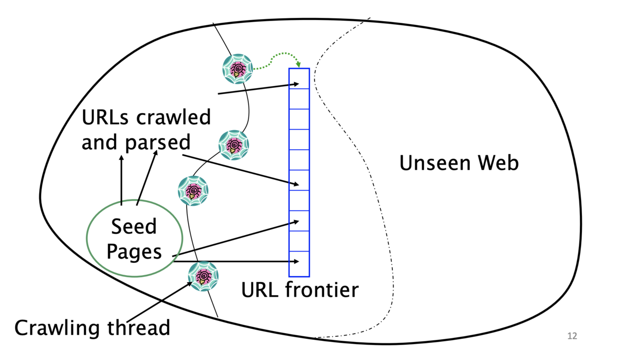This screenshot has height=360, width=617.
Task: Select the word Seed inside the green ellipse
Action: [134, 226]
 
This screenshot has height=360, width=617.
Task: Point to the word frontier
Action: [322, 290]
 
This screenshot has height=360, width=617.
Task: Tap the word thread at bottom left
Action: [138, 328]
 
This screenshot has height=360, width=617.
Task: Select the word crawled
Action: [174, 117]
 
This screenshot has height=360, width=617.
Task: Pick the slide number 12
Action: [572, 336]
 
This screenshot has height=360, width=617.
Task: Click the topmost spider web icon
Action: [238, 69]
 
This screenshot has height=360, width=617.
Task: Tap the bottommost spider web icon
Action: [203, 276]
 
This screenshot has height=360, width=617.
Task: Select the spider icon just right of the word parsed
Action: [233, 145]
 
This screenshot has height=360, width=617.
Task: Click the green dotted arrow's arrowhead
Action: [298, 65]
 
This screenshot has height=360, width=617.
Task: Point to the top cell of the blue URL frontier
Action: [299, 79]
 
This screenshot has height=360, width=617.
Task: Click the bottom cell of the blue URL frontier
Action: [299, 264]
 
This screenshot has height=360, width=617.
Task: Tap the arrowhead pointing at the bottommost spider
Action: [189, 284]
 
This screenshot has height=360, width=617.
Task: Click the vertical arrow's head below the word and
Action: [121, 158]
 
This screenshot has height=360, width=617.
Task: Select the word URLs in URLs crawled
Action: [105, 117]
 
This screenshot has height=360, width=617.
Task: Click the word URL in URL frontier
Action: [260, 290]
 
